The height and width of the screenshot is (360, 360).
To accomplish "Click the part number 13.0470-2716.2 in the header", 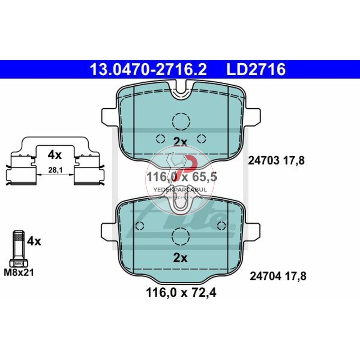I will pyautogui.click(x=148, y=69).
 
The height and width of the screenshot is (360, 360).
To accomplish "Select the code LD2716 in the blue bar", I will pyautogui.click(x=256, y=69).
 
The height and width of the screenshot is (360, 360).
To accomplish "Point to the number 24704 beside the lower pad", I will pyautogui.click(x=265, y=276).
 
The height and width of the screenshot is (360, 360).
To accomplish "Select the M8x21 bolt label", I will pyautogui.click(x=19, y=273).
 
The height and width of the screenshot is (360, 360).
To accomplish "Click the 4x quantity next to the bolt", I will pyautogui.click(x=34, y=241).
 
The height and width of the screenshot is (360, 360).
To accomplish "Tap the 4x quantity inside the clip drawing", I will pyautogui.click(x=55, y=155).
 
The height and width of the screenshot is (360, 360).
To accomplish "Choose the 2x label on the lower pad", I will pyautogui.click(x=180, y=258).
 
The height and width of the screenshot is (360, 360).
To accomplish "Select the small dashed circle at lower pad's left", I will pyautogui.click(x=139, y=226).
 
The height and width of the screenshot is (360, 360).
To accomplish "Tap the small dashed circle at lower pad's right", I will pyautogui.click(x=222, y=226).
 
